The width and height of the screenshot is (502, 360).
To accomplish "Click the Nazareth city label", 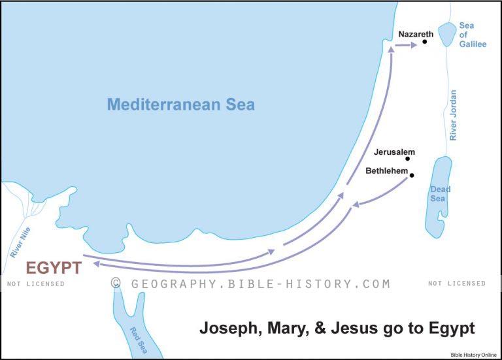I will [415, 33].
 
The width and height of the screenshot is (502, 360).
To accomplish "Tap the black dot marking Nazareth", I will [425, 42].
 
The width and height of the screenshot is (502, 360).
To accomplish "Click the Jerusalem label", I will [394, 152].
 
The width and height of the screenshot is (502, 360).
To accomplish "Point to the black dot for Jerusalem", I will [408, 159].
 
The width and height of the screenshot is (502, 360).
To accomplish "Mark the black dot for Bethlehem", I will [412, 175].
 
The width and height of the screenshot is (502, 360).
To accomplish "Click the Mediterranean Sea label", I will [181, 104].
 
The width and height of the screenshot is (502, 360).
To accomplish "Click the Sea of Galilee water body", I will [448, 35].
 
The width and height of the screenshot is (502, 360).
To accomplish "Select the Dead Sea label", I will [439, 194].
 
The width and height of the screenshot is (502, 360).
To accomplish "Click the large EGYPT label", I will [54, 268].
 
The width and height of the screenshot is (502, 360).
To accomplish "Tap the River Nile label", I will [20, 242].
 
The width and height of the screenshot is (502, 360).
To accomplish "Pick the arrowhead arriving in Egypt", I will [96, 263].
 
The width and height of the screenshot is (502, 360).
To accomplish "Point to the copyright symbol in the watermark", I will [116, 284].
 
